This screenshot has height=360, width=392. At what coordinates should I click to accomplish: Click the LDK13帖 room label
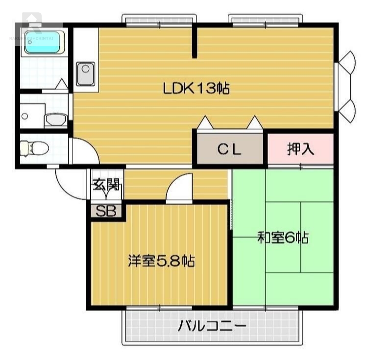pos(196,88)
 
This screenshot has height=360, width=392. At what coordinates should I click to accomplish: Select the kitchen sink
pos(86,73)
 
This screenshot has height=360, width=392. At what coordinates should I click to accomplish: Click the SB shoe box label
pos(105,211)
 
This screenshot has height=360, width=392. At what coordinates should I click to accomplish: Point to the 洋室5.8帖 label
pos(161,261)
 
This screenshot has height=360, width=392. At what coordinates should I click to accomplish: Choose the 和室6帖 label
pos(283,238)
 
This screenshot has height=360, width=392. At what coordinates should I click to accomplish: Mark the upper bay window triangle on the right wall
pos(347,62)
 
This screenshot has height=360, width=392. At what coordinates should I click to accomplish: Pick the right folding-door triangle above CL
pos(255,122)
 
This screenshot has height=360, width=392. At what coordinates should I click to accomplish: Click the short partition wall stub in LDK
pos(195,42)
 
